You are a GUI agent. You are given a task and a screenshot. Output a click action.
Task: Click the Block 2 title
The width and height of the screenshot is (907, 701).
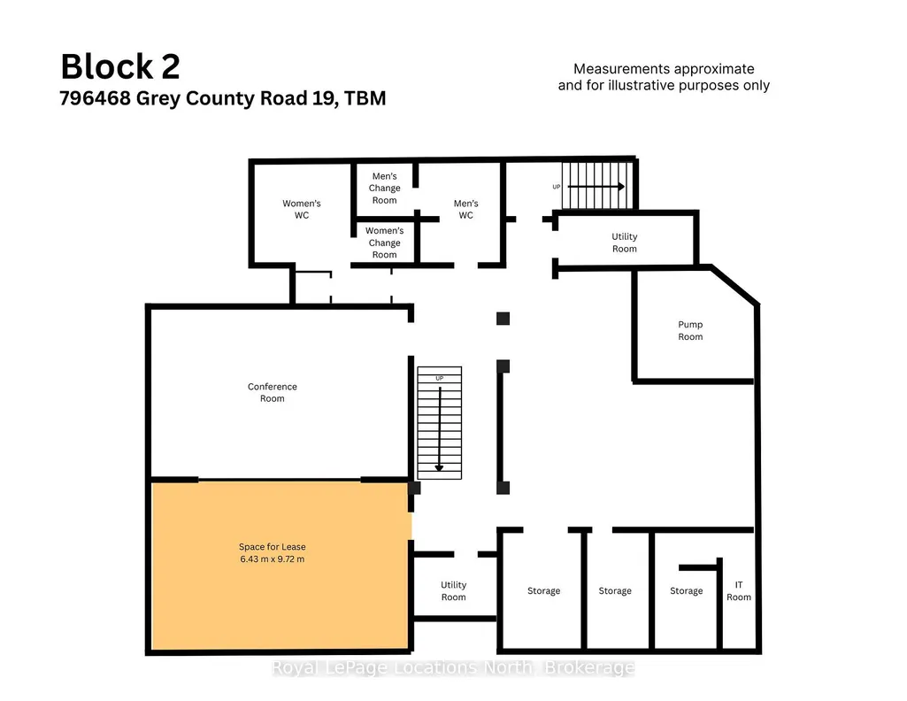[x=120, y=66]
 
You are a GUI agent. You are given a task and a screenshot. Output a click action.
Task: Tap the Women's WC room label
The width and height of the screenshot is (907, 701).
[x=302, y=210]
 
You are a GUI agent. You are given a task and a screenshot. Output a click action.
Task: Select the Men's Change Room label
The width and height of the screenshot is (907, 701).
[x=385, y=188]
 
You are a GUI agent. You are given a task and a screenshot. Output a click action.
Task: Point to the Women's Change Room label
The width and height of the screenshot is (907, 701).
[x=385, y=243]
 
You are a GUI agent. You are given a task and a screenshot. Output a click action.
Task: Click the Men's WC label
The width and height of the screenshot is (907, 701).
[x=465, y=210]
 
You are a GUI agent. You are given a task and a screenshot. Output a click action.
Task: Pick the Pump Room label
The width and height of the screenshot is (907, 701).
[x=690, y=330]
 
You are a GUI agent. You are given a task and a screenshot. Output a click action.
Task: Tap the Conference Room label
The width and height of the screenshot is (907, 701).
[x=273, y=392]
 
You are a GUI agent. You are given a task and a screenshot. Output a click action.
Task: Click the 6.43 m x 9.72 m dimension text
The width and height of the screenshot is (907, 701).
[x=273, y=558]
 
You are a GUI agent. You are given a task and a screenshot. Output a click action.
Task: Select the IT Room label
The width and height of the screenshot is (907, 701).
[x=739, y=590]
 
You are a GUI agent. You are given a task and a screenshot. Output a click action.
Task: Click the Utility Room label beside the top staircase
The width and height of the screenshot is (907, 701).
[x=624, y=243]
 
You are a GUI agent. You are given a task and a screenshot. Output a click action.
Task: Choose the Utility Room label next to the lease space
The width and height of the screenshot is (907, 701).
[x=453, y=590]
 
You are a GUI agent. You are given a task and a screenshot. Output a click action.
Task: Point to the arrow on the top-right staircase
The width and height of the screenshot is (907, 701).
[x=596, y=186]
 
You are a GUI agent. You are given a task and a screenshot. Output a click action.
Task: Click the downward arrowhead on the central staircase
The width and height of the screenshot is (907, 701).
[x=439, y=468]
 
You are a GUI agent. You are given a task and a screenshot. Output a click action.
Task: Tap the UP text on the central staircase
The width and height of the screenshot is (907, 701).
[x=440, y=378]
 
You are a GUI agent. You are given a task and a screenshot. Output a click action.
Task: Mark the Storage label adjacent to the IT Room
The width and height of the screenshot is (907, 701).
[x=687, y=590]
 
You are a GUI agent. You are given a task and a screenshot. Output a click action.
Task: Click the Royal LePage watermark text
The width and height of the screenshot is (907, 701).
[x=453, y=668]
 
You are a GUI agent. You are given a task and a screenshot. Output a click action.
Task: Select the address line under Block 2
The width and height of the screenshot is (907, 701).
[x=223, y=98]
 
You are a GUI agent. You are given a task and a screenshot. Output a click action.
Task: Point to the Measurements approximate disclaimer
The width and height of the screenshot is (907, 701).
[x=664, y=77]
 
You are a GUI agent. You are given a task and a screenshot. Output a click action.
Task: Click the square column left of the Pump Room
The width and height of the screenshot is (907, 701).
[x=503, y=318]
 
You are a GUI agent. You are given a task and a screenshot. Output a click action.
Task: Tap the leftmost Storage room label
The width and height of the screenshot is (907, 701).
[x=543, y=590]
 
